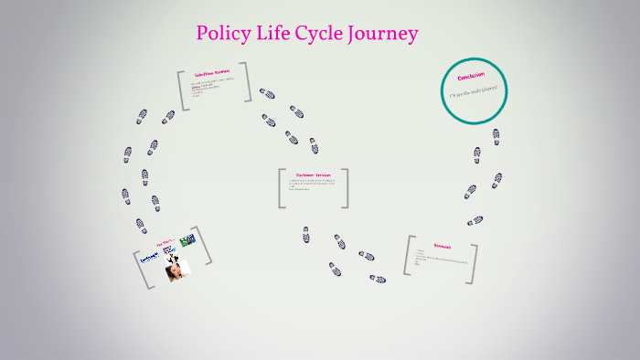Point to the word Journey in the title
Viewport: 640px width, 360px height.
(x=384, y=35)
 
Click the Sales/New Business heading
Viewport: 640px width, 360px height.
(x=212, y=72)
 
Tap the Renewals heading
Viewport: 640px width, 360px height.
(x=443, y=245)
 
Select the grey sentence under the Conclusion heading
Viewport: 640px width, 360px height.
(x=474, y=92)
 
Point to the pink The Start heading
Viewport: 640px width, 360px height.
(x=165, y=244)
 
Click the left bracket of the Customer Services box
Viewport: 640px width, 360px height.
(x=282, y=188)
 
